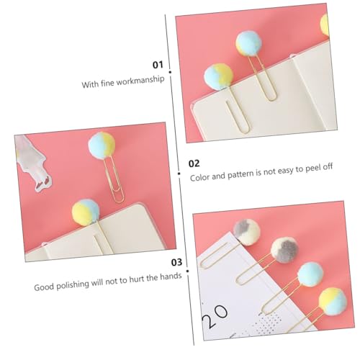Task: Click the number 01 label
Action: pos(158,65)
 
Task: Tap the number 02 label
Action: pos(194,163)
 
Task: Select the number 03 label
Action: pos(176,262)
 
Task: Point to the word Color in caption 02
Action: pos(199,177)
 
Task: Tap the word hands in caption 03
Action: pos(171,276)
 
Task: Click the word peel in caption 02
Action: pos(312,168)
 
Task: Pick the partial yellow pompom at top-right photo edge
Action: pos(325,24)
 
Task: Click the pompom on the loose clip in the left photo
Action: pos(102,145)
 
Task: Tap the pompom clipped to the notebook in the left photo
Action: pos(86,212)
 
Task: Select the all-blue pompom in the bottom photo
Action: pos(310,274)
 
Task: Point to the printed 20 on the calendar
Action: pos(215,316)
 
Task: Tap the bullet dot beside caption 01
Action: pos(170,72)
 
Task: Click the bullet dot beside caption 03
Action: pos(187,271)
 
